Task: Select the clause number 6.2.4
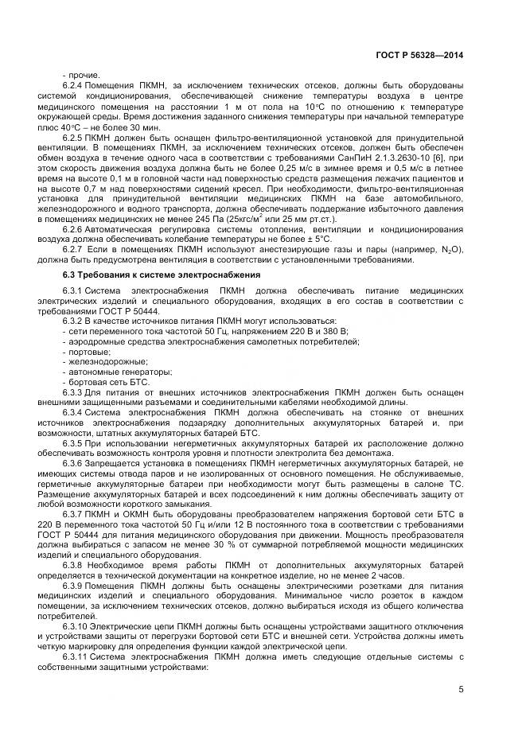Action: point(72,84)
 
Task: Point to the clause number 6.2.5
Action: point(72,137)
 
